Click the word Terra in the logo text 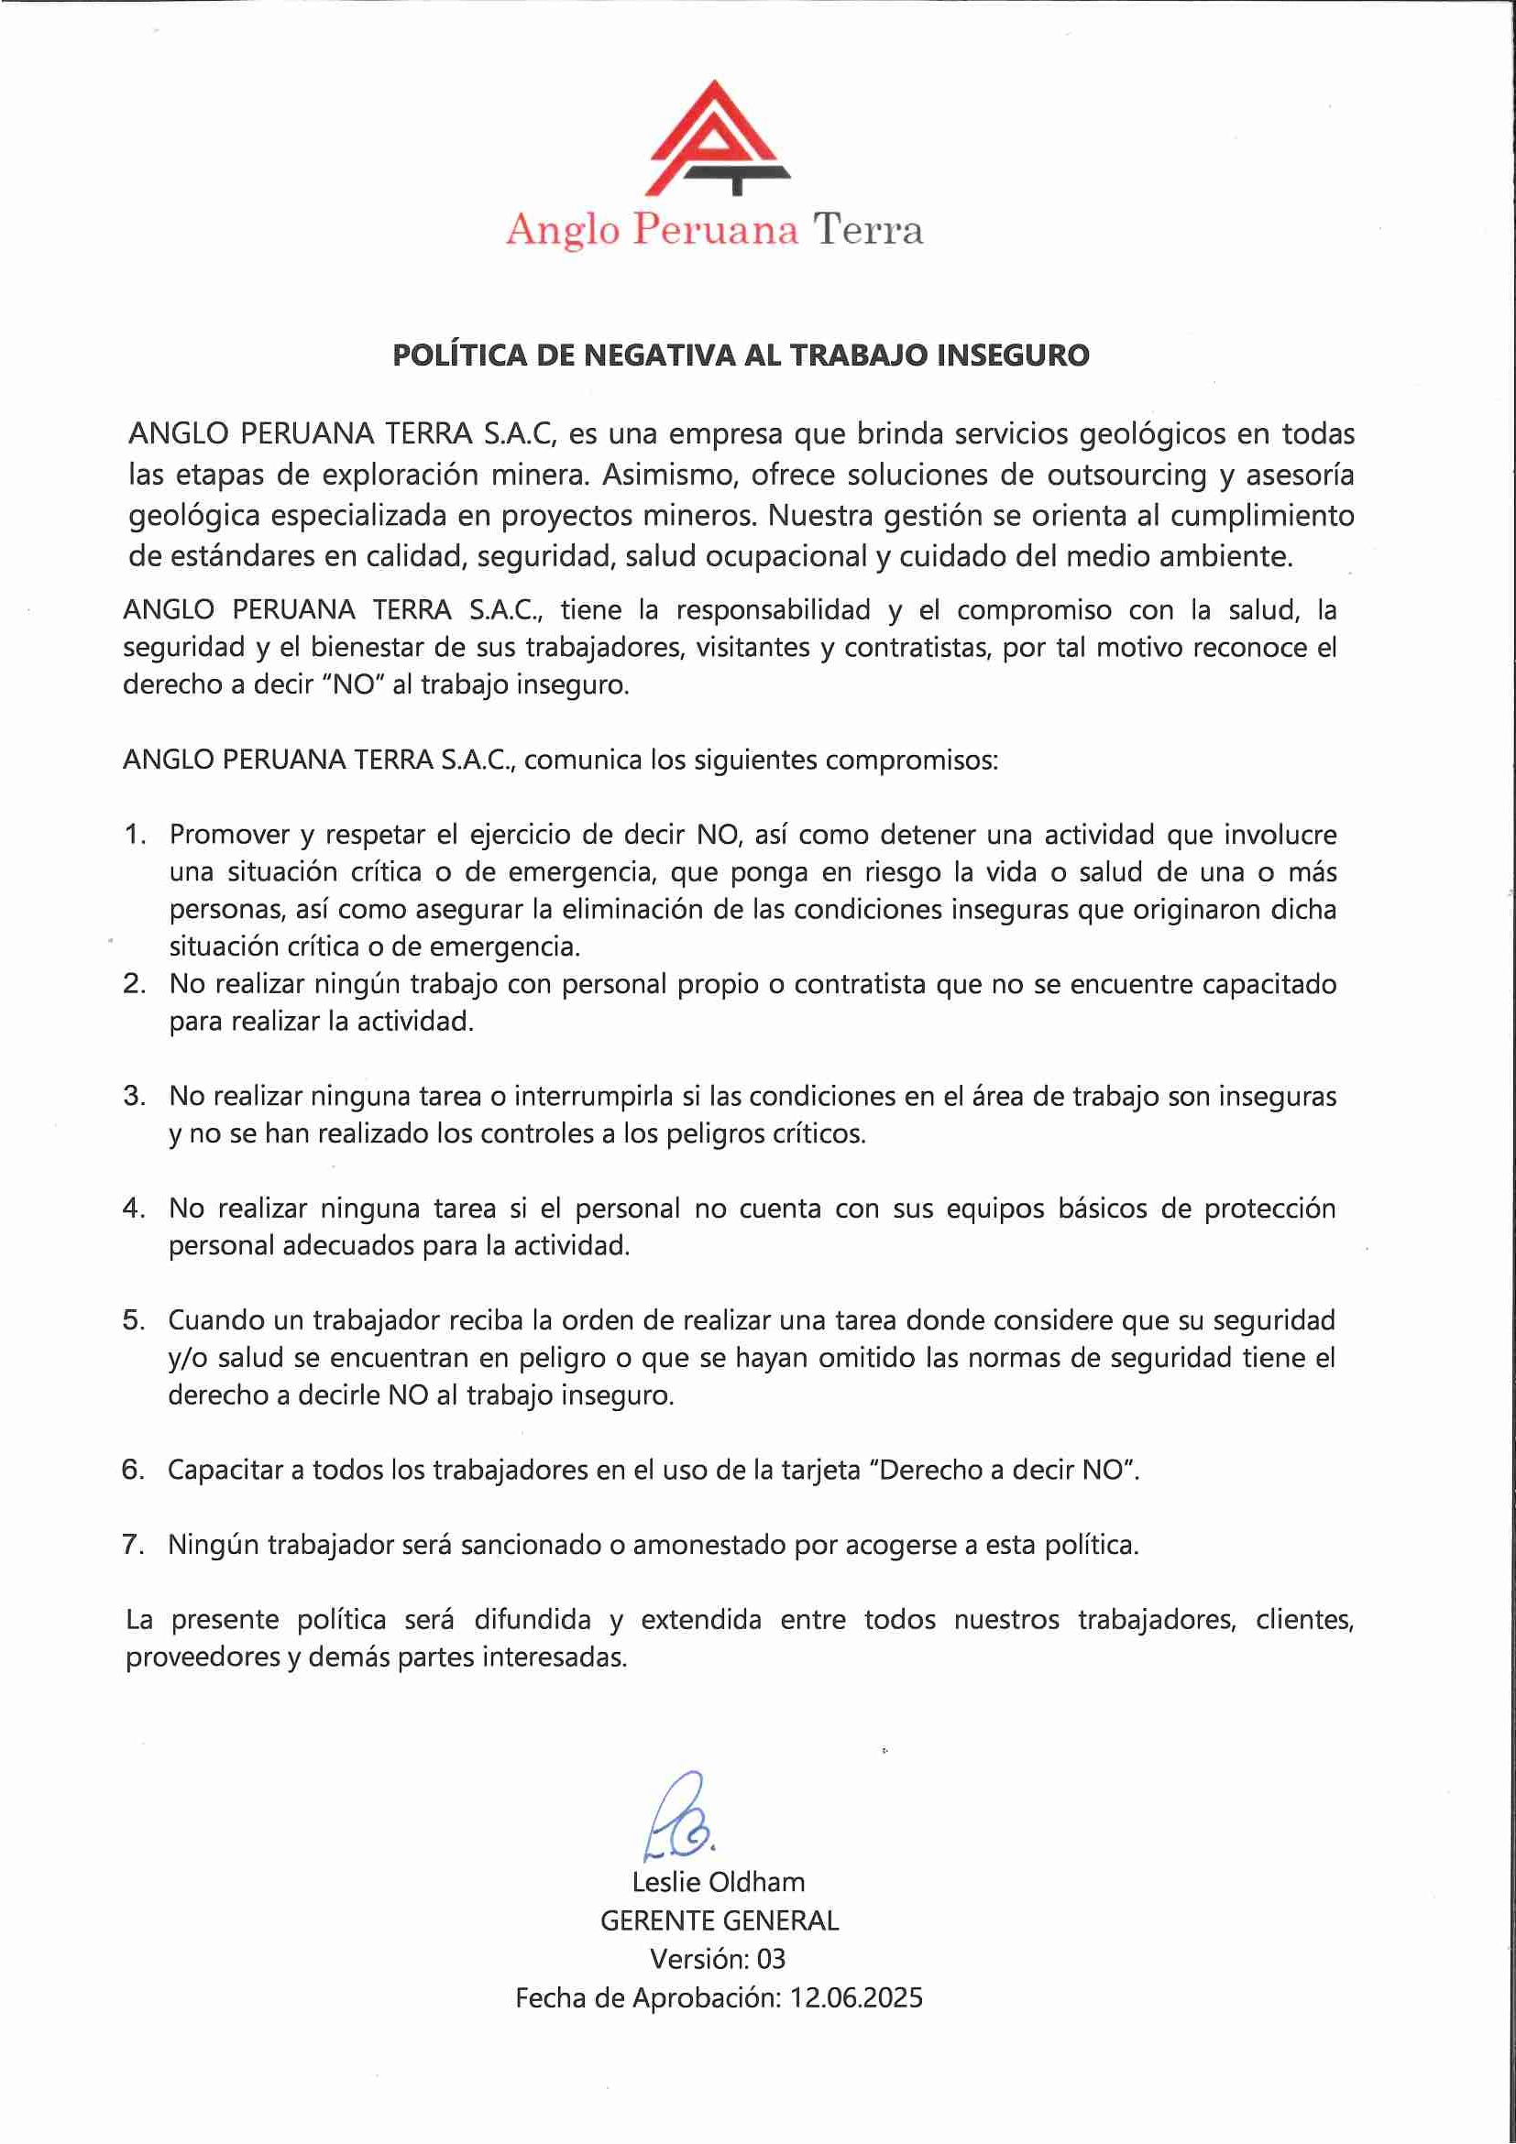(867, 230)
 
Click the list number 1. (135, 835)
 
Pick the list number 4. (134, 1209)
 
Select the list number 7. (134, 1545)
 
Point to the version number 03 (771, 1959)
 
